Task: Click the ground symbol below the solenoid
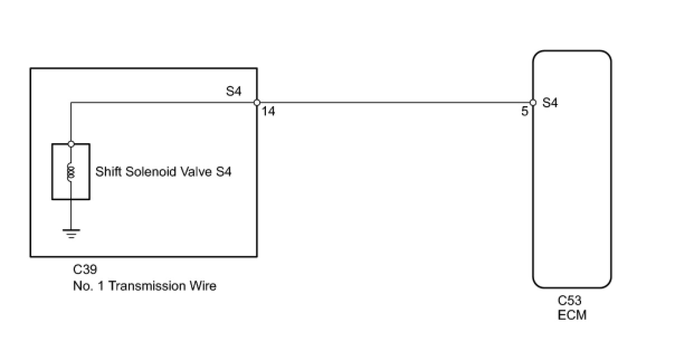point(71,233)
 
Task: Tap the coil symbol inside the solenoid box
point(71,171)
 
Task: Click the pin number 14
point(268,112)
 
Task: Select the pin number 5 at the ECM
point(525,112)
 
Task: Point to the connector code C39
point(85,271)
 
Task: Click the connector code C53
point(570,301)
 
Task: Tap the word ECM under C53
point(572,315)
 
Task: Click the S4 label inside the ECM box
point(550,103)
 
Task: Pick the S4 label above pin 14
point(234,91)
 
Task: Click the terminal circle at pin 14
point(256,103)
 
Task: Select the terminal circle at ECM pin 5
point(533,103)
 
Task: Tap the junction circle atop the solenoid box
point(71,144)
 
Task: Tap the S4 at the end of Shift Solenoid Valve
point(224,172)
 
